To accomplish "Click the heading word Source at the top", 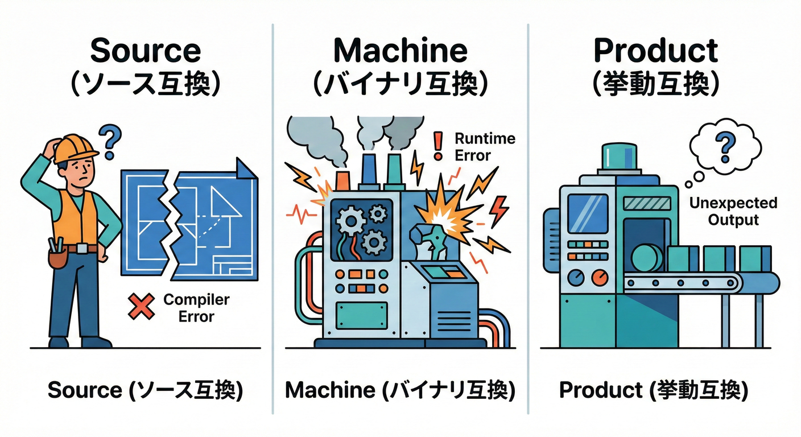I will [x=146, y=51].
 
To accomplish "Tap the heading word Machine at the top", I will [x=400, y=51].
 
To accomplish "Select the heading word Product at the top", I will [x=655, y=51].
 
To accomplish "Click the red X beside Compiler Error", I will [x=141, y=307].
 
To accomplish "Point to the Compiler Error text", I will [x=196, y=307].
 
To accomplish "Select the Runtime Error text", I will [x=485, y=146].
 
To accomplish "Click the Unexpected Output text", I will [x=733, y=211].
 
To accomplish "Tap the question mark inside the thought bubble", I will [x=724, y=146].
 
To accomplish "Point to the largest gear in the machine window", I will [x=348, y=218].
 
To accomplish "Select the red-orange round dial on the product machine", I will [x=599, y=278].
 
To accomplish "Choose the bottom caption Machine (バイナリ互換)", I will [x=400, y=390].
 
